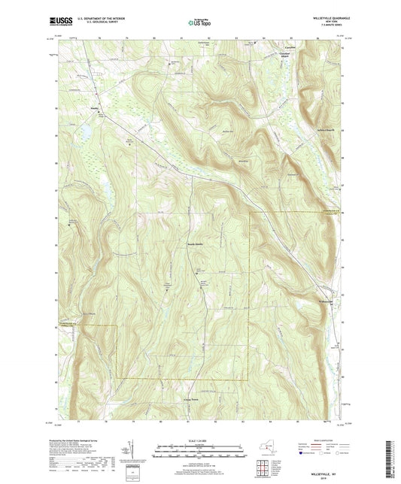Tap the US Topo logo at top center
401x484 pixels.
(x=193, y=23)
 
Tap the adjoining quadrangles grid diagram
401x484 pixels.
(x=263, y=470)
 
